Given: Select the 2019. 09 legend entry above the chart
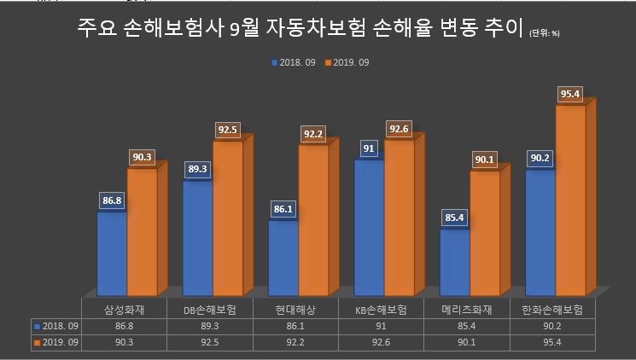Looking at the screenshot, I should (x=347, y=62).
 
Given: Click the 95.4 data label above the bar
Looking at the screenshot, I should (x=570, y=93).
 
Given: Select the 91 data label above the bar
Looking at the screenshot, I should (x=369, y=148).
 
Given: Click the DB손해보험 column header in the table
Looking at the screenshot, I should (x=210, y=309).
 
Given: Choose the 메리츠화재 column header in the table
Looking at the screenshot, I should (x=467, y=309).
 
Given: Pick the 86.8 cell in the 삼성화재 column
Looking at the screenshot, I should (x=124, y=326).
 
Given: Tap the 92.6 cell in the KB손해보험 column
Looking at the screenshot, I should (x=382, y=342).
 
